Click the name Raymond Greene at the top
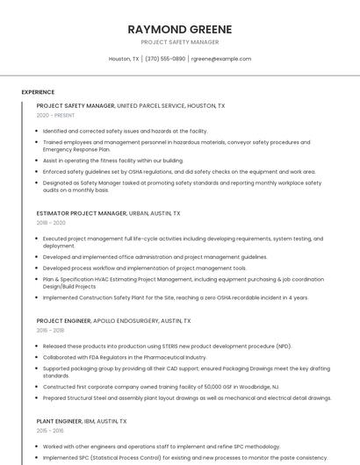point(179,29)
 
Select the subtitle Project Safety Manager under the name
point(179,42)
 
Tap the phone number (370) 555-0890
point(165,59)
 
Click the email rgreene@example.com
point(221,59)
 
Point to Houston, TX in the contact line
point(124,59)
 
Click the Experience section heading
point(38,92)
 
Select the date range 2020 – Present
point(55,116)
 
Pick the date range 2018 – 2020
point(51,223)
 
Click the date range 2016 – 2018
point(51,331)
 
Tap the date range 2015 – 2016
point(51,431)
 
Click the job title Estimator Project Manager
point(82,213)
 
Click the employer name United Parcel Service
point(151,106)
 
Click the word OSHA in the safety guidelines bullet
point(140,172)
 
